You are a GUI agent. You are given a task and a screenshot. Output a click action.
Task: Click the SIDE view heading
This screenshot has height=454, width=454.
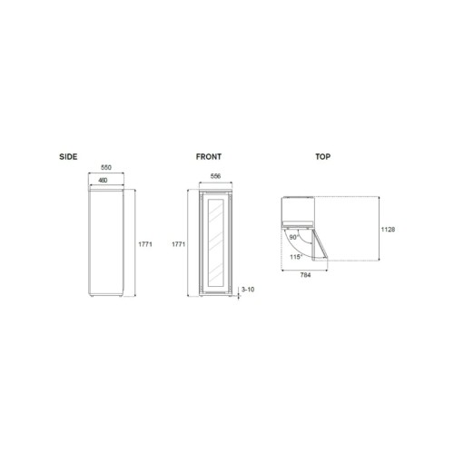(x=68, y=157)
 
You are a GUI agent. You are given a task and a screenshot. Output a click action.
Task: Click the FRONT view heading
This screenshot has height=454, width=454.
(x=209, y=157)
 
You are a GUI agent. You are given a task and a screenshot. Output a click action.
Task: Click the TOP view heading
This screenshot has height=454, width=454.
(x=323, y=157)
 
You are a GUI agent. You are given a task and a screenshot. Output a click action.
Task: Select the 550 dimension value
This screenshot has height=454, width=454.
(x=106, y=167)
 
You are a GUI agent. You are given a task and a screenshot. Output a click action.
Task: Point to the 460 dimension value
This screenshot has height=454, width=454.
(x=103, y=180)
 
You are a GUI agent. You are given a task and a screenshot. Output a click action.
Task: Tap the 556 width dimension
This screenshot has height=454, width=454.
(x=215, y=176)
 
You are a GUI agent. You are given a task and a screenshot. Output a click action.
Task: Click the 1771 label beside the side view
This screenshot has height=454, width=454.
(x=145, y=244)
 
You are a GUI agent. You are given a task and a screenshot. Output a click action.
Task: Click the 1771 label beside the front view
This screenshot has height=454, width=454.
(x=178, y=244)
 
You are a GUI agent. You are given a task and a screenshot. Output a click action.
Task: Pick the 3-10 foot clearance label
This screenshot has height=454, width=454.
(x=248, y=290)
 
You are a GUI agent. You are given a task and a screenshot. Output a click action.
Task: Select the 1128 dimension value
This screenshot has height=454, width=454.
(x=388, y=230)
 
